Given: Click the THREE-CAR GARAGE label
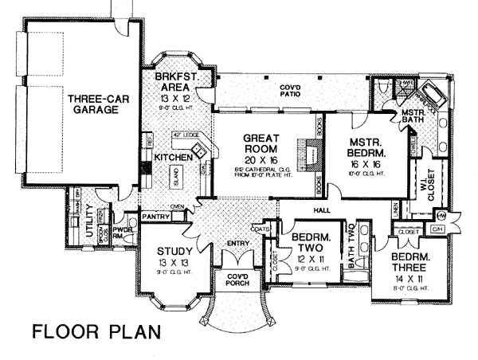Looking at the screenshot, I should (92, 104).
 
